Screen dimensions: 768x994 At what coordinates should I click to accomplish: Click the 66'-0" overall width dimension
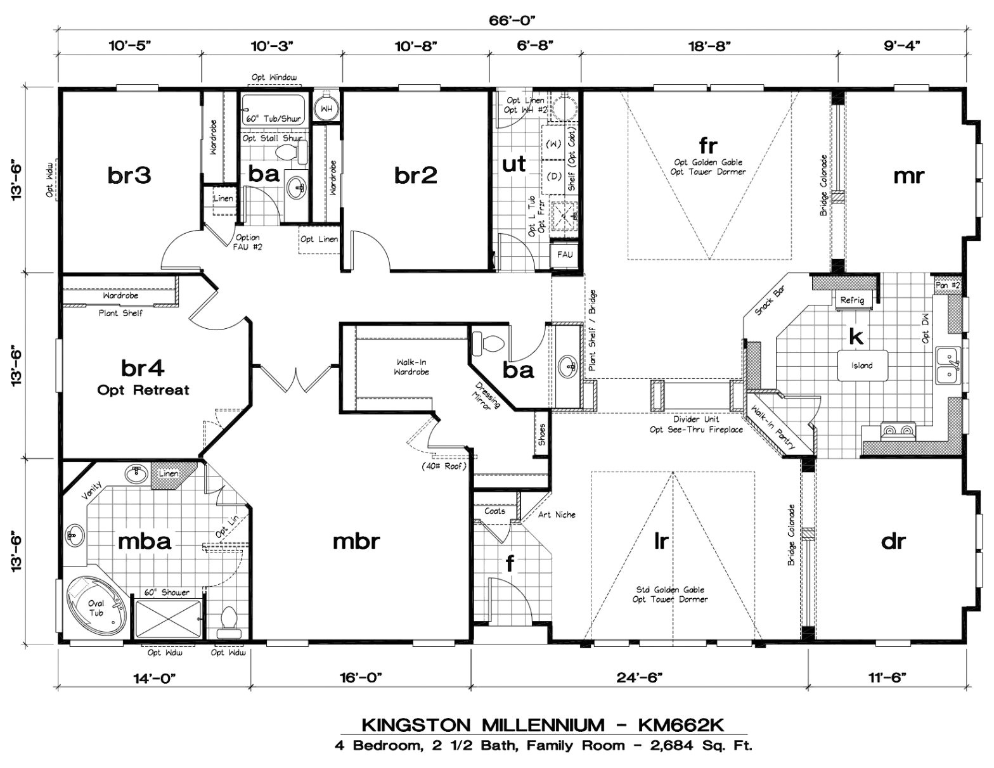coord(512,20)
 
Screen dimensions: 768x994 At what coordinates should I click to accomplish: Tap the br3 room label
coord(129,175)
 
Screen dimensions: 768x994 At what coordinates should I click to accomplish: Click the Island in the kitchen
coord(862,366)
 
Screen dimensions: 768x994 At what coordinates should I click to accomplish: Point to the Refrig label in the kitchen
coord(852,300)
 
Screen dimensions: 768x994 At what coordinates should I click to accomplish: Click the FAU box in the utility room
coord(565,255)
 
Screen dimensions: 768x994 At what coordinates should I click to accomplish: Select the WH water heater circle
coord(326,108)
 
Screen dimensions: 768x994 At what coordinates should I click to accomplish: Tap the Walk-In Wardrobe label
coord(412,367)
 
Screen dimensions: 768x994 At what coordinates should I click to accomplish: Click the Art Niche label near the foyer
coord(557,515)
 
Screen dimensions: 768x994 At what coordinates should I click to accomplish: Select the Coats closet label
coord(494,511)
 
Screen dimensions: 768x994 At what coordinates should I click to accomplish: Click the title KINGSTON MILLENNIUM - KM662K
coord(543,724)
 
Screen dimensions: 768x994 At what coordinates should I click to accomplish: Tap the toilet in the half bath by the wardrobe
coord(491,343)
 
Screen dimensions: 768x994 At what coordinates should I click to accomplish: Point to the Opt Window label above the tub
coord(274,77)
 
